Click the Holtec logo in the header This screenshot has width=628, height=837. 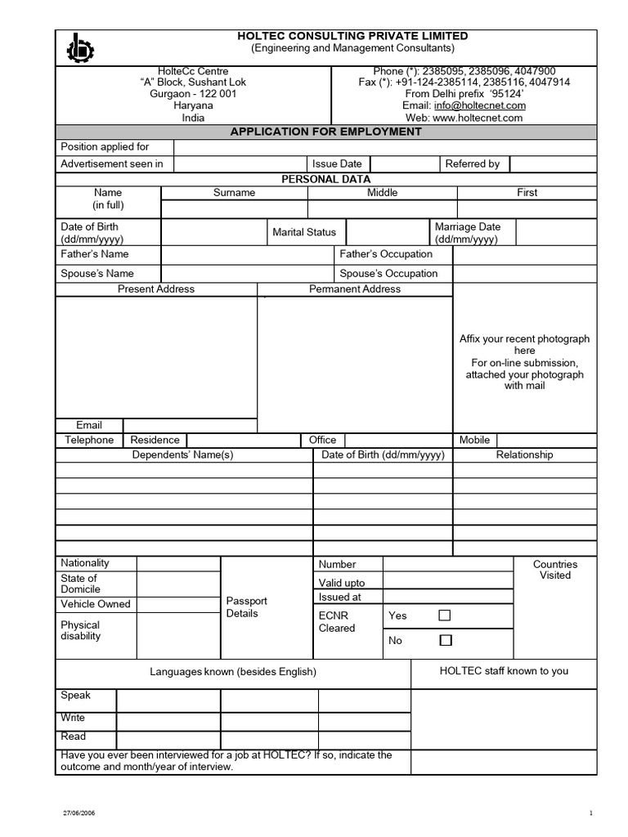[x=81, y=48]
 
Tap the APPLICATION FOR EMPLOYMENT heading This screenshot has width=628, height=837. [x=325, y=132]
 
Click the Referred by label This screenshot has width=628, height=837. [x=472, y=163]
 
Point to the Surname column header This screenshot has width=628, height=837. [x=234, y=193]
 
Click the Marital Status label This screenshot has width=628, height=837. [x=304, y=232]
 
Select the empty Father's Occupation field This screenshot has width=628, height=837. [x=525, y=254]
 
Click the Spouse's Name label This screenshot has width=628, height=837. [x=97, y=274]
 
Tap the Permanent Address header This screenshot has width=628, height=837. [x=355, y=289]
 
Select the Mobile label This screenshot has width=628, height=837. [x=474, y=440]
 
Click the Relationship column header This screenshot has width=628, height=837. [x=524, y=455]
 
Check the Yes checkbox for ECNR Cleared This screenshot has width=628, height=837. [x=445, y=615]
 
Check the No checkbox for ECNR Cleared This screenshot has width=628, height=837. [x=445, y=640]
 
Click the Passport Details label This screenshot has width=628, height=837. [x=246, y=607]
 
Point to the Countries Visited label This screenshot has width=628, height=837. [x=554, y=570]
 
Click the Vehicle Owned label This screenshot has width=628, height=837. [x=95, y=604]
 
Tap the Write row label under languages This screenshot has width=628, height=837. [x=73, y=718]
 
